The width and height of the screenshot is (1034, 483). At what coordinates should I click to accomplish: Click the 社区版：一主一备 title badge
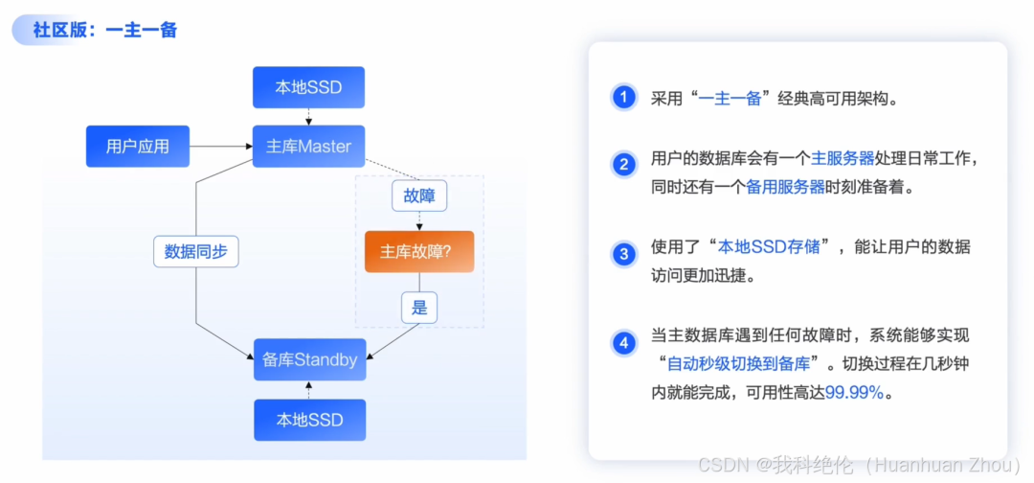pos(96,30)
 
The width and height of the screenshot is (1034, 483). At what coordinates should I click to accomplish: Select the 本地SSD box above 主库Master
pos(308,88)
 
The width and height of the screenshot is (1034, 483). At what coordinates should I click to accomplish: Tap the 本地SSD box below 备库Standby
pos(308,420)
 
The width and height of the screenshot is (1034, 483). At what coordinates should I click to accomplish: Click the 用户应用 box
pos(138,147)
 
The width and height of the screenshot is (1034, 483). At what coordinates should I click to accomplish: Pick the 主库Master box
pos(308,147)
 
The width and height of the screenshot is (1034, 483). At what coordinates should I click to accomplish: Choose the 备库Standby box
pos(308,360)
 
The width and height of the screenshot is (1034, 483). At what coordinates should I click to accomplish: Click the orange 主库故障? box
pos(418,251)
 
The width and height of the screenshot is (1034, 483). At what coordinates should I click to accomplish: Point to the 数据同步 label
pos(196,251)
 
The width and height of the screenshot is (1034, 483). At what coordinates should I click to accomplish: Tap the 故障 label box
pos(418,196)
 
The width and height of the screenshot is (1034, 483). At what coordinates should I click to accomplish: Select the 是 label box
pos(418,308)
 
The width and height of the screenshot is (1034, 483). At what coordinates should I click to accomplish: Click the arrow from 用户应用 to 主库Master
pos(220,147)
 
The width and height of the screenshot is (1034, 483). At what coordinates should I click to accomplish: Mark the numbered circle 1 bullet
pos(624,98)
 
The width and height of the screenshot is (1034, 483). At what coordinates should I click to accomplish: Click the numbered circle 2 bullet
pos(624,166)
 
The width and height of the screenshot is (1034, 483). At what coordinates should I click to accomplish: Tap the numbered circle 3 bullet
pos(624,255)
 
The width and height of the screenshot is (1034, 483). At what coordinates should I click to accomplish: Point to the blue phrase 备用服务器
pos(785,188)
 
